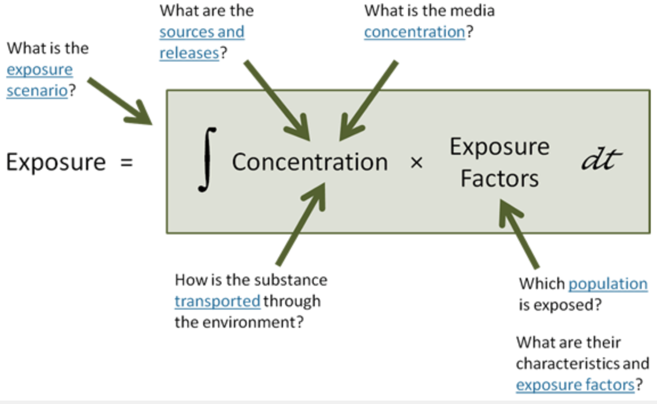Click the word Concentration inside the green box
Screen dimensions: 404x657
click(x=310, y=162)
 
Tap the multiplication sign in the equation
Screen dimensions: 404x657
click(x=416, y=163)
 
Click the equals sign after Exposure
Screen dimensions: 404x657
click(x=126, y=163)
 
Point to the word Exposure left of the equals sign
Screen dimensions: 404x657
click(x=56, y=162)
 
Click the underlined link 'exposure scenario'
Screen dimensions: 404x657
click(x=39, y=80)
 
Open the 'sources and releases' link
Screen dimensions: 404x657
click(x=202, y=42)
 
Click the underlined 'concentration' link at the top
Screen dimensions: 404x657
click(x=414, y=32)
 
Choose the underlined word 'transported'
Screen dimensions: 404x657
click(x=217, y=301)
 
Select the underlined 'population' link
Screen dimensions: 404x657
click(x=608, y=283)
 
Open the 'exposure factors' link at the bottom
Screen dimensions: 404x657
click(x=575, y=385)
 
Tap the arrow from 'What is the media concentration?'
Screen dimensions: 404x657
click(x=368, y=99)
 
